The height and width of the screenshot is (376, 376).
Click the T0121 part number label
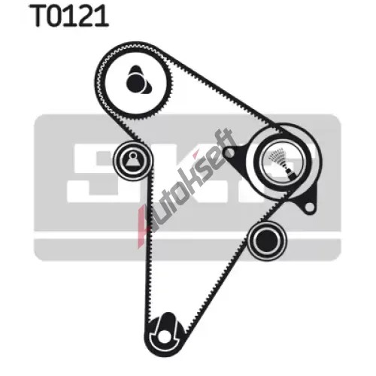pos(70,16)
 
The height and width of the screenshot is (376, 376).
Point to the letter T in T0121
pos(38,16)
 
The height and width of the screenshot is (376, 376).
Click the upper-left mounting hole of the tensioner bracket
pos(229,152)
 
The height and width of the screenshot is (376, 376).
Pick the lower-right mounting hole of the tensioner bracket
pos(309,208)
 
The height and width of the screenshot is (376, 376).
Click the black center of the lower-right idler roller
pos(267,240)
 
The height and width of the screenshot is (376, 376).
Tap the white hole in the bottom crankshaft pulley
pos(163,337)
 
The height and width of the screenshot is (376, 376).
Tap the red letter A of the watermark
pos(145,226)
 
